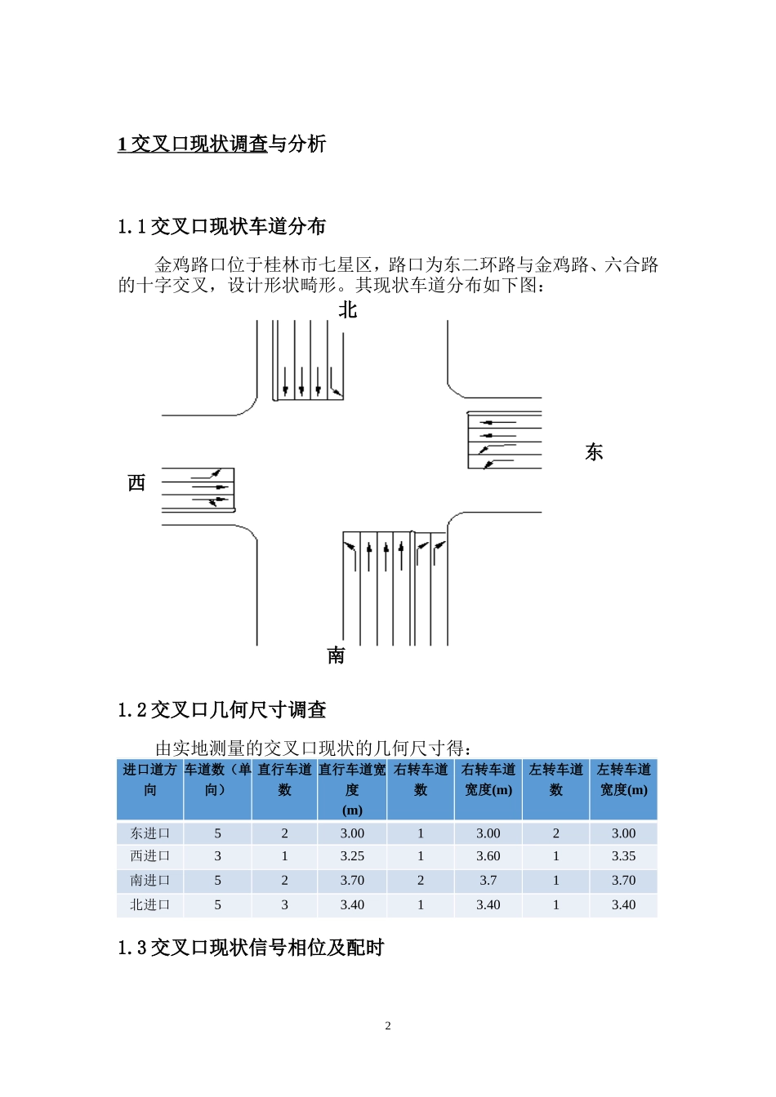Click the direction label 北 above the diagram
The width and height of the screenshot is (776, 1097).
(348, 310)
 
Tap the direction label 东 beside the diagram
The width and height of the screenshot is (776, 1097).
(594, 452)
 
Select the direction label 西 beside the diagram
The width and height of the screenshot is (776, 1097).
(136, 483)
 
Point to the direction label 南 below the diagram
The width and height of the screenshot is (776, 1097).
(336, 655)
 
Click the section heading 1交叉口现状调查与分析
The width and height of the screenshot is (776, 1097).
(221, 144)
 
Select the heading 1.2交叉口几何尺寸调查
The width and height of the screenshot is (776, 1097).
(221, 710)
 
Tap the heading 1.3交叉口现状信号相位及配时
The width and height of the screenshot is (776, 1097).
(251, 948)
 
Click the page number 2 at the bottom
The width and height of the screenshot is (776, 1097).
(388, 1026)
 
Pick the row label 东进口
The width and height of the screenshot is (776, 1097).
(150, 833)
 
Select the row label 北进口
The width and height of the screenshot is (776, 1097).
(150, 904)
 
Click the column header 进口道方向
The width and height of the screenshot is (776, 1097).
(150, 779)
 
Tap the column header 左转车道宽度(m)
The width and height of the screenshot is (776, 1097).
(623, 779)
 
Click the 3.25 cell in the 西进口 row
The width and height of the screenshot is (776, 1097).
(352, 856)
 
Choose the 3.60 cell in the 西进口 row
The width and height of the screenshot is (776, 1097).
(488, 856)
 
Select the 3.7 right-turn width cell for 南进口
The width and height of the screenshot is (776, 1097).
(488, 881)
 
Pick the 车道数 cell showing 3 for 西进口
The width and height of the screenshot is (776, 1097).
(217, 856)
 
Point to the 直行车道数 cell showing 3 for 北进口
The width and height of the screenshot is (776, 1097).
(284, 904)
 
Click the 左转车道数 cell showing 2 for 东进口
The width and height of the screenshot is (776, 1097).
(556, 833)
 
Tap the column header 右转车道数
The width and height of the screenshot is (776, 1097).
(421, 779)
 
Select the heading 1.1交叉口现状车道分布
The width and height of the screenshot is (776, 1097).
(221, 227)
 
